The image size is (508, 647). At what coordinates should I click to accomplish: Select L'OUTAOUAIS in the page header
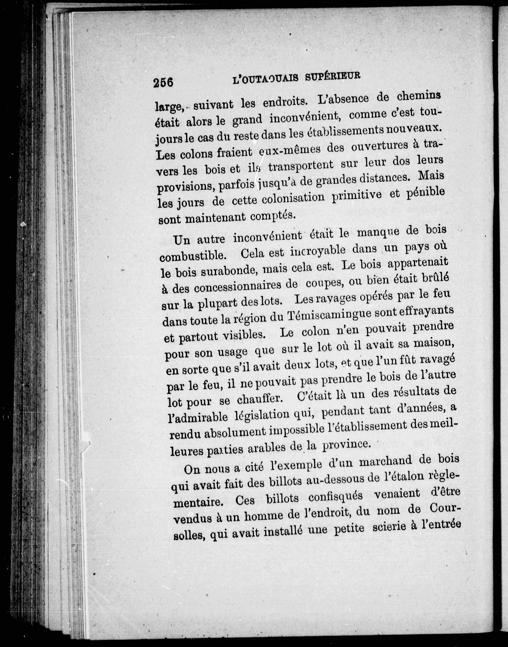(265, 79)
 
